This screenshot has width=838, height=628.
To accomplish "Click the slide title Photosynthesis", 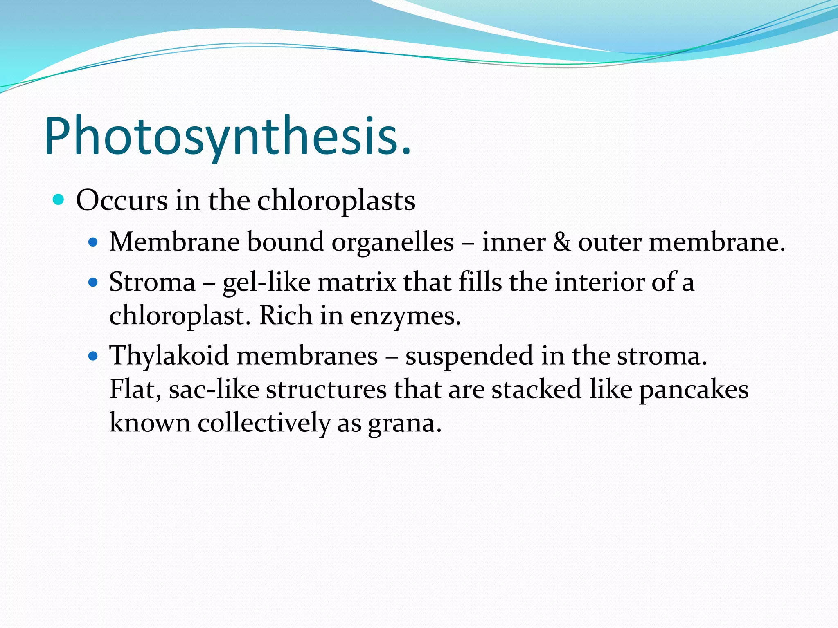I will (x=228, y=137).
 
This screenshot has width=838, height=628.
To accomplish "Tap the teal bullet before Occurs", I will (x=59, y=200).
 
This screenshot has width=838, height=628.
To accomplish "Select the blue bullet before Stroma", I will (x=93, y=282).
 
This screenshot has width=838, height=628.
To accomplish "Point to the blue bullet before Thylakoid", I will (x=93, y=356).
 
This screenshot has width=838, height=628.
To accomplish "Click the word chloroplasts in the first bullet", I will (x=336, y=201).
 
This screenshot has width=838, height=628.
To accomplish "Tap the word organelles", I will (x=392, y=242).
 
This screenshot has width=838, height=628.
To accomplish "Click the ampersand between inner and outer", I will (x=561, y=242).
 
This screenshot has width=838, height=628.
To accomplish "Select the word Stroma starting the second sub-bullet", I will (x=152, y=282).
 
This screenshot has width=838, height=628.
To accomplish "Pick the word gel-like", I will (x=266, y=283).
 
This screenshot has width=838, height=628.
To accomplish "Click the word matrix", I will (x=357, y=282).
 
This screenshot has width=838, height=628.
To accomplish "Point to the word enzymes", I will (x=405, y=316).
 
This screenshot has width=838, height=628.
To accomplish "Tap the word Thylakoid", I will (x=169, y=355).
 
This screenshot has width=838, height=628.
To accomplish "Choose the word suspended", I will (x=469, y=356).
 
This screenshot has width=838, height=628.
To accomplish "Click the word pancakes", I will (x=694, y=390).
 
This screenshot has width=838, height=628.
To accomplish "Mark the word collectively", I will (x=264, y=423).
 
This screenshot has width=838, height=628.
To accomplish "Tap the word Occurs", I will (x=122, y=201).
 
